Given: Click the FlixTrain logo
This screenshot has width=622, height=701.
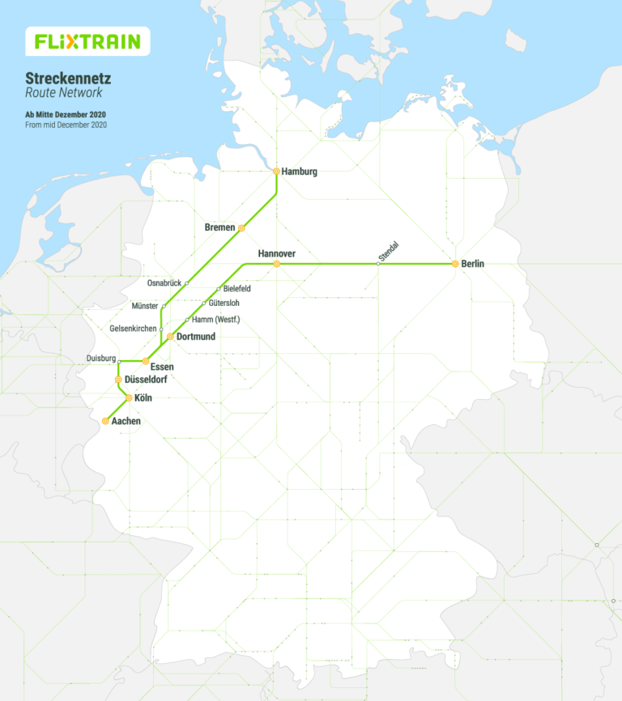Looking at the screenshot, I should [87, 40].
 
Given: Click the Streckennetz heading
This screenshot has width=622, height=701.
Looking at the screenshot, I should [68, 79].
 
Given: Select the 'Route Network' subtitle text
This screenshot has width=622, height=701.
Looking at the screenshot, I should [64, 93].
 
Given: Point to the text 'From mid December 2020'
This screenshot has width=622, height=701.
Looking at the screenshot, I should [66, 125].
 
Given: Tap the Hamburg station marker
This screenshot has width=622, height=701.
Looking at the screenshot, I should [276, 172].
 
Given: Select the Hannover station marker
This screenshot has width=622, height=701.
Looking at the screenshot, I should [276, 264].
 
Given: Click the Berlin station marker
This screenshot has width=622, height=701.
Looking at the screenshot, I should [455, 264].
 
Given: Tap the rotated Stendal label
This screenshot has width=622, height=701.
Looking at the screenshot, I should [390, 252].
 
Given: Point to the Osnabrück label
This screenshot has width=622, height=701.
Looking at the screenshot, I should [164, 283].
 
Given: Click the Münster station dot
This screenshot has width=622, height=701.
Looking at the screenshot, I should [164, 306].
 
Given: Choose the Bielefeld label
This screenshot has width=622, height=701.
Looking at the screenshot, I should [236, 289].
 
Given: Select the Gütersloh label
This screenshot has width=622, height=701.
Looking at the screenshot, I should [224, 304].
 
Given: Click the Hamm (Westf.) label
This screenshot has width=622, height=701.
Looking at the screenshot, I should [215, 320].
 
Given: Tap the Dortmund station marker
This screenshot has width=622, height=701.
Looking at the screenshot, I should [170, 336].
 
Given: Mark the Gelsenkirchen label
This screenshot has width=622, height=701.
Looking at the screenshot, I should [133, 329].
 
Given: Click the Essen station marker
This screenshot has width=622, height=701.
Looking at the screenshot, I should [145, 361].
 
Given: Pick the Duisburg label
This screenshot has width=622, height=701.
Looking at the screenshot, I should [100, 359].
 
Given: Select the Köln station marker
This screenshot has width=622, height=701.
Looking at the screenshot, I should [129, 397].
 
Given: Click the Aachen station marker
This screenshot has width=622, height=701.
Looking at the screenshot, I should [105, 421].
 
